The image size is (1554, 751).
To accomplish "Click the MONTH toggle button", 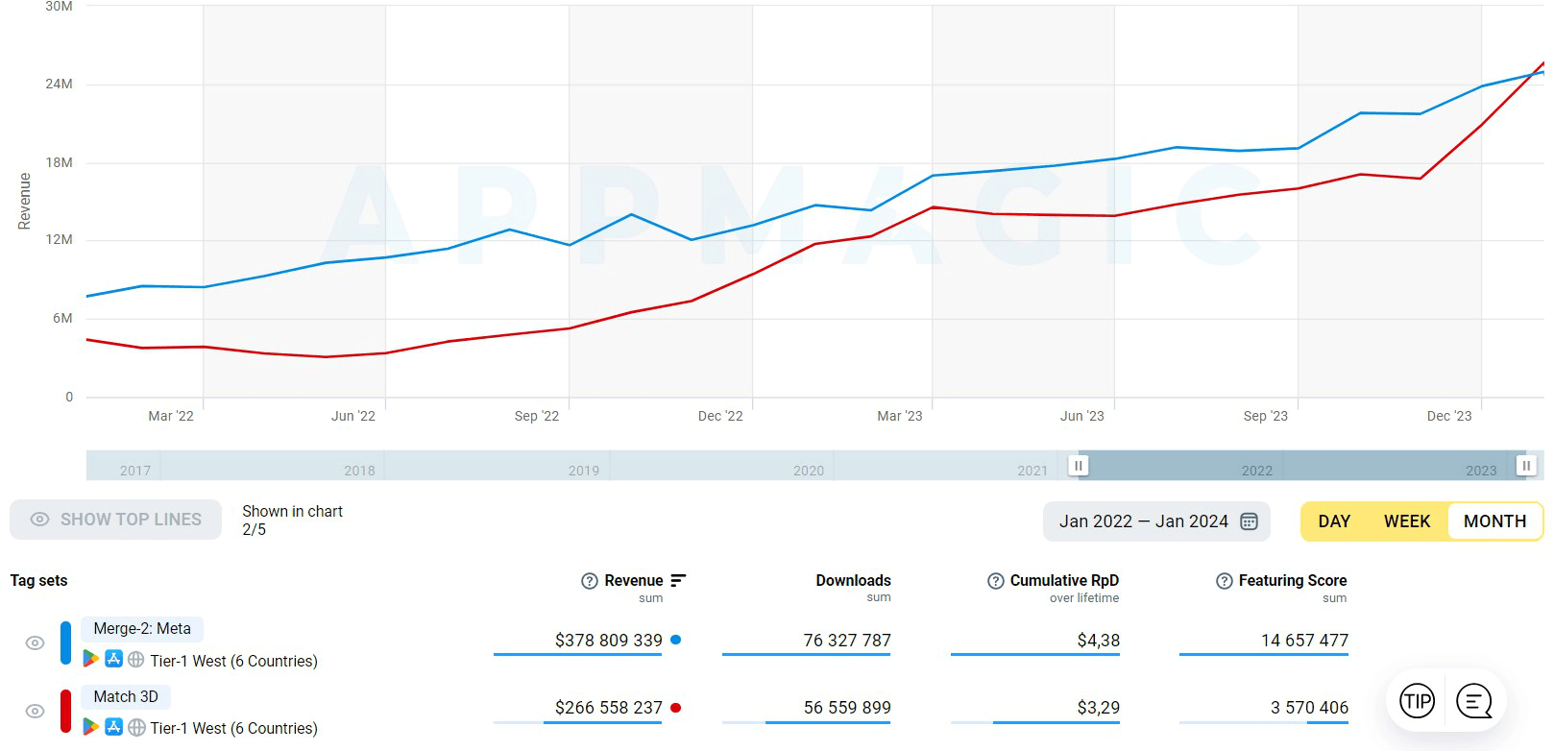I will tap(1494, 521).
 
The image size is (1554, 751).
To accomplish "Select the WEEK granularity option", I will tap(1406, 521).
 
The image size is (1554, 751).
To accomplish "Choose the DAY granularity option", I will tap(1334, 521).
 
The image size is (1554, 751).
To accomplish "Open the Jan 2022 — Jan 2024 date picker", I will tap(1156, 521).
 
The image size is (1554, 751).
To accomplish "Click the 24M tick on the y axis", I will tap(59, 85).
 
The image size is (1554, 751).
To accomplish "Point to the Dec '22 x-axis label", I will tap(720, 416).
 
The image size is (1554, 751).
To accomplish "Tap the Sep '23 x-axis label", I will tap(1265, 416).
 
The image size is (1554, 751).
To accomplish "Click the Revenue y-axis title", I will tap(25, 201).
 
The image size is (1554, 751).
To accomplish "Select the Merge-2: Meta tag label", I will tap(142, 629).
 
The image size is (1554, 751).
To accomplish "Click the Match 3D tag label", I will tap(126, 697).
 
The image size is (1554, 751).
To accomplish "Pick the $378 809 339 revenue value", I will tap(608, 641).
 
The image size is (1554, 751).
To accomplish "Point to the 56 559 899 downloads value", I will tap(847, 708).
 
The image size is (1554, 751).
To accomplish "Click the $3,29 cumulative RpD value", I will tap(1098, 708).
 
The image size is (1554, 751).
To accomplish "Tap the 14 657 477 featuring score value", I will tap(1304, 641).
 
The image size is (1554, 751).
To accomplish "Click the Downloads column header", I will tap(853, 581).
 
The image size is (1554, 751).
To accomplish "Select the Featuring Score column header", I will tap(1292, 581).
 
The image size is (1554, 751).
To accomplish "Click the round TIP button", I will tap(1417, 701).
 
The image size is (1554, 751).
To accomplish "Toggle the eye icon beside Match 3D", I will tap(35, 711).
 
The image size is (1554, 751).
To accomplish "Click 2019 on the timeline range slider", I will tap(584, 471).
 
